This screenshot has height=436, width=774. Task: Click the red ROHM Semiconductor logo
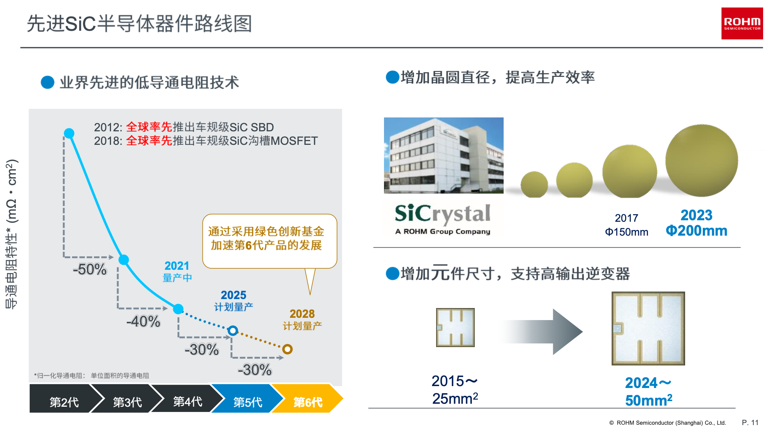coord(742,23)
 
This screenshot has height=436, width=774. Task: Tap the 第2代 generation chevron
coord(62,398)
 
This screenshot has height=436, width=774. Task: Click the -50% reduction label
coord(90,269)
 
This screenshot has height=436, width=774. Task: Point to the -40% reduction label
coord(143,322)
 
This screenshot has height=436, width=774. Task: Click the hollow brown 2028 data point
coord(288,349)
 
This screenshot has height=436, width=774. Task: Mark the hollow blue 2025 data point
coord(233,331)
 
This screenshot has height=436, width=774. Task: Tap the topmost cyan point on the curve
coord(69,133)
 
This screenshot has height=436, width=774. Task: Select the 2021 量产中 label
coord(177,271)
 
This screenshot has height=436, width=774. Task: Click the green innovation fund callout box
coord(270,241)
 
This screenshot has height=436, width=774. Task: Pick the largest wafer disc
coord(702,161)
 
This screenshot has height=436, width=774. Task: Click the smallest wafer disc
coord(534,185)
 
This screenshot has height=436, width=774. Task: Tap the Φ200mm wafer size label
coord(696,230)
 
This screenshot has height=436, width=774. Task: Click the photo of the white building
coord(444,155)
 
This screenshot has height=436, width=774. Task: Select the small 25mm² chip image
coord(455,328)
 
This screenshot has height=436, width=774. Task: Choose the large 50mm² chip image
coord(648,328)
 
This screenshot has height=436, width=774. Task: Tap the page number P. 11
coord(750,422)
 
